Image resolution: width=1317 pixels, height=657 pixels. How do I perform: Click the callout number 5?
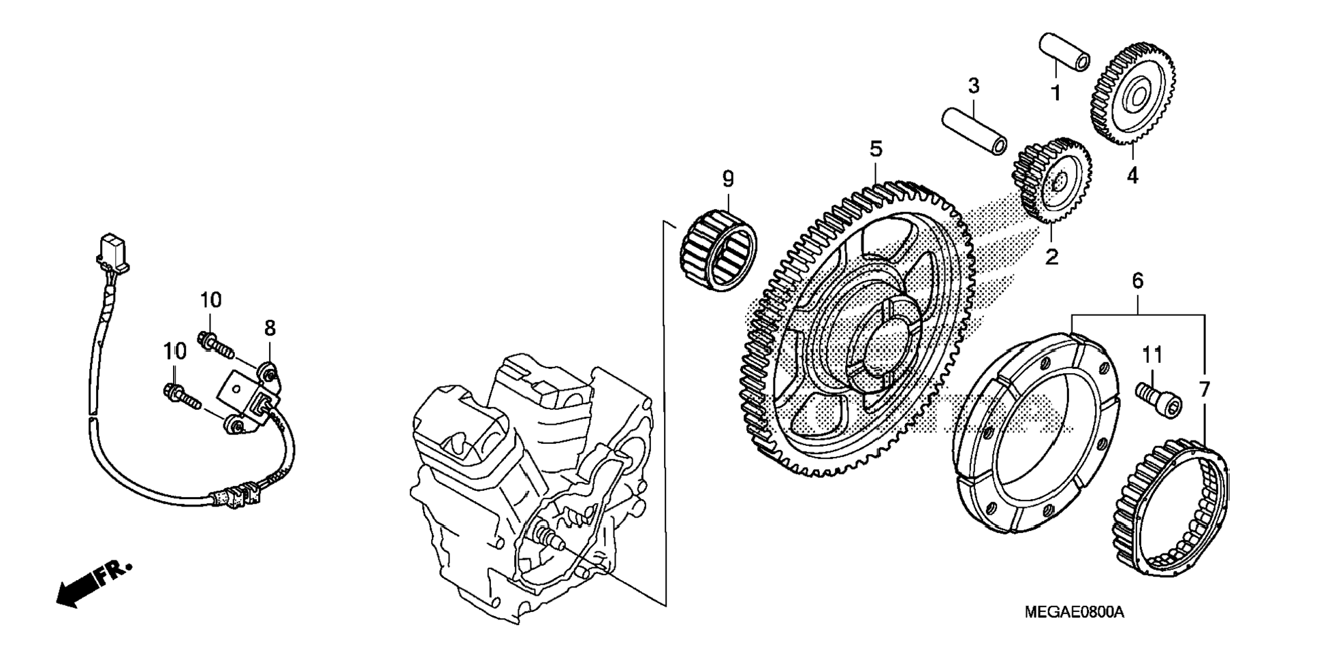click(x=875, y=149)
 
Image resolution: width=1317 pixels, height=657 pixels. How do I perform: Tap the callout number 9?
click(x=728, y=179)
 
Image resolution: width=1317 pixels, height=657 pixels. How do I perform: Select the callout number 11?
click(x=1152, y=355)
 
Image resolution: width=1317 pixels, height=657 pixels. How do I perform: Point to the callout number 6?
click(x=1137, y=281)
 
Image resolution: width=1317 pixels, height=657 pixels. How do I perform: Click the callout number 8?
click(x=270, y=328)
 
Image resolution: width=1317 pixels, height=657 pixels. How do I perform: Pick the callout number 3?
click(x=973, y=86)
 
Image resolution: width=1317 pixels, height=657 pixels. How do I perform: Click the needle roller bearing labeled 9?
click(x=719, y=251)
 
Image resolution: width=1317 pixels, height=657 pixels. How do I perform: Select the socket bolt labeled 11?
click(x=1158, y=400)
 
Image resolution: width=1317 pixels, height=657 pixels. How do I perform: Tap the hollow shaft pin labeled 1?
click(x=1064, y=52)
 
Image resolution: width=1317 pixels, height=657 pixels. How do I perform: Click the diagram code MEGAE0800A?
click(x=1074, y=612)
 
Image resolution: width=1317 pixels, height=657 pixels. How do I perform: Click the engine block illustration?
click(x=531, y=477)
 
